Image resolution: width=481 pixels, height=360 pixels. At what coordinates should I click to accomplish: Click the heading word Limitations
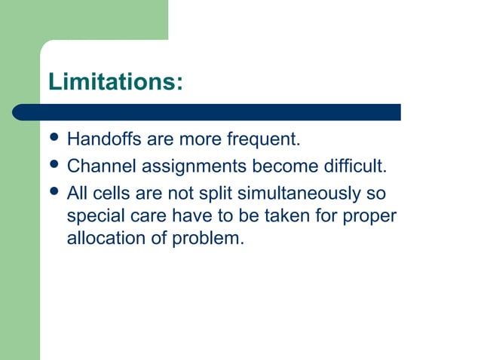point(115,81)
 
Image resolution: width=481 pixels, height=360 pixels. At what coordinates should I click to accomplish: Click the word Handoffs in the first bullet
point(98,140)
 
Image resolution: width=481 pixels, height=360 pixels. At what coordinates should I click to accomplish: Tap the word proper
point(369,218)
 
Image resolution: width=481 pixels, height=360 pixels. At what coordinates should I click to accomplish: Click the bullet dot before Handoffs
point(54,140)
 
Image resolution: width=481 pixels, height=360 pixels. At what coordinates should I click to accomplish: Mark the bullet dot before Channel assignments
point(54,166)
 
